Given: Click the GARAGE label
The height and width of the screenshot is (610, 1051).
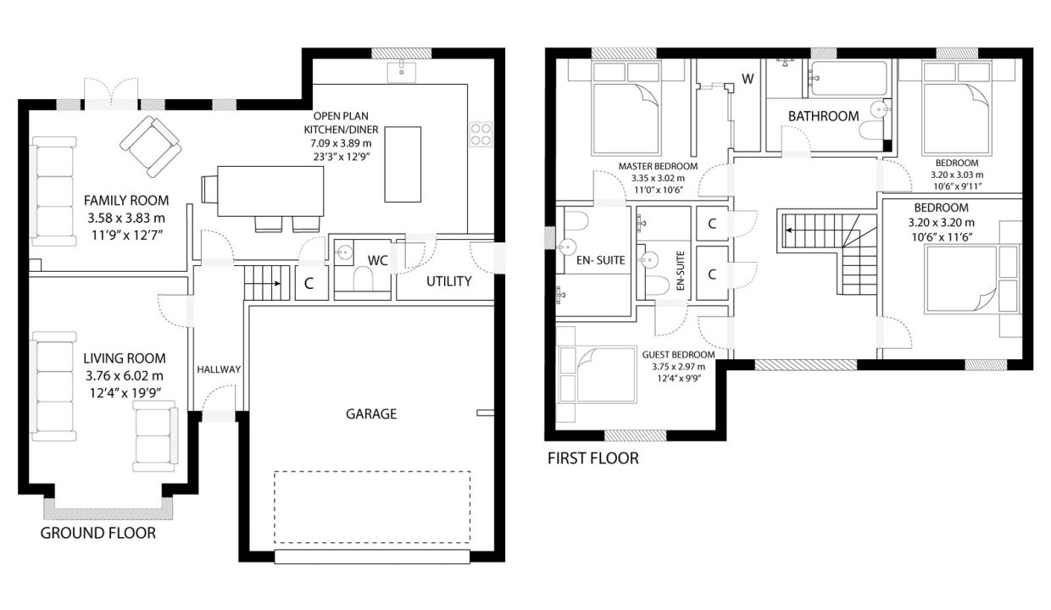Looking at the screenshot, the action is (x=371, y=414).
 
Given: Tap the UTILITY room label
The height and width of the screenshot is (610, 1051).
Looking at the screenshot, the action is (x=448, y=281).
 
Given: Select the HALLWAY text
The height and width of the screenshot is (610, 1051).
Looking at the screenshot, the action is (x=219, y=369).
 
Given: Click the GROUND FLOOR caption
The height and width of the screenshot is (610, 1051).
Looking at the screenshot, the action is (x=98, y=533).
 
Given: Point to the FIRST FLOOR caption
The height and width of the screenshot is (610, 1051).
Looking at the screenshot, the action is (x=593, y=458).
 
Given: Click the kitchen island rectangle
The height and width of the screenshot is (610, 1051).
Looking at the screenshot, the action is (x=403, y=164).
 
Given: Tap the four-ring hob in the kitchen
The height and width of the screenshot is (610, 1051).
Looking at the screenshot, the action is (x=481, y=134).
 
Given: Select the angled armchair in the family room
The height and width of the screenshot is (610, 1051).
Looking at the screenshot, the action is (x=151, y=147).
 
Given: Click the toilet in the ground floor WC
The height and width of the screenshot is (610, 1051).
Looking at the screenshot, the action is (x=362, y=279).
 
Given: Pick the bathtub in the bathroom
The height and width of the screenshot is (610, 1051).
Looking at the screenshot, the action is (x=849, y=79).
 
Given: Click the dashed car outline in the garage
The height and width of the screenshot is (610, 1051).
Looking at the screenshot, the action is (x=372, y=507).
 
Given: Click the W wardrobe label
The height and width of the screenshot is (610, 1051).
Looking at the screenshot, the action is (x=748, y=79).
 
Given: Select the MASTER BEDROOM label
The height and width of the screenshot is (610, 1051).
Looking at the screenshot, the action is (x=658, y=166).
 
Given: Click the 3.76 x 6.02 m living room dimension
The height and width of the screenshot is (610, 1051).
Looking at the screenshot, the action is (x=125, y=376).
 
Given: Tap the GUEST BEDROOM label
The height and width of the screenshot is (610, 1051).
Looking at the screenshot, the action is (x=678, y=355).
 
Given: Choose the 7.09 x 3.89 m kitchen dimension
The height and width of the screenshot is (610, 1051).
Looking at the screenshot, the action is (x=341, y=143).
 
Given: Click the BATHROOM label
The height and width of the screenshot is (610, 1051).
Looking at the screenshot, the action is (x=824, y=116).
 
